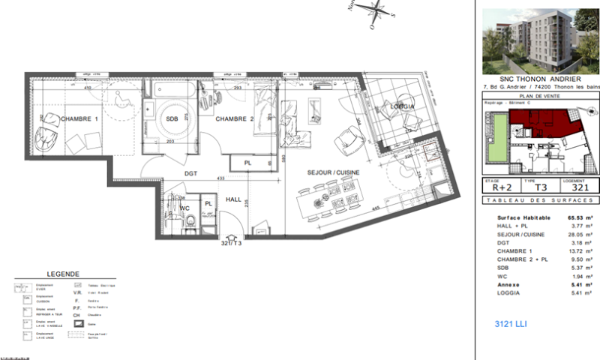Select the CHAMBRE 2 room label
click(235, 119)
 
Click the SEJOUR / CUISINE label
click(333, 172)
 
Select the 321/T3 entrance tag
click(231, 244)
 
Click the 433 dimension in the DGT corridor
click(222, 178)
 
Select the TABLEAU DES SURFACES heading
click(538, 201)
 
